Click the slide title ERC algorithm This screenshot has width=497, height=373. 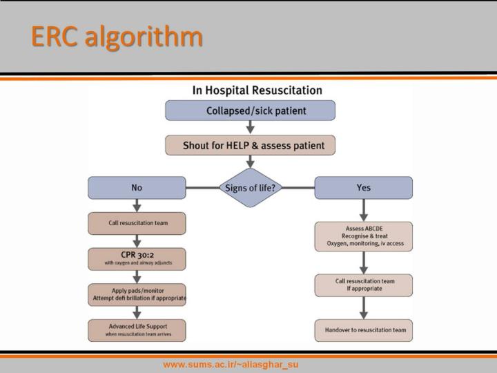[x=116, y=37]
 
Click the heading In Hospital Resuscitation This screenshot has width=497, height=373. [x=257, y=90]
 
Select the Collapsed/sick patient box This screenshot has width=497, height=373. [x=250, y=111]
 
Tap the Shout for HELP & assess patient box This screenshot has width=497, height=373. [x=250, y=146]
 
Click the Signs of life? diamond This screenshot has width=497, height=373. [x=250, y=188]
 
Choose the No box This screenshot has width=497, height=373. [x=137, y=188]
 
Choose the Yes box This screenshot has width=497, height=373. [x=363, y=188]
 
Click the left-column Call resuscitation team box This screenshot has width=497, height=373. [x=137, y=223]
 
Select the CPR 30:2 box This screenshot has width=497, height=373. [x=137, y=258]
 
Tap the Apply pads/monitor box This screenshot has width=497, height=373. [x=137, y=294]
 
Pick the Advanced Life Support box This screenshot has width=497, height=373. [x=137, y=329]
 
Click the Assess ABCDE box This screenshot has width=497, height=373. [x=363, y=236]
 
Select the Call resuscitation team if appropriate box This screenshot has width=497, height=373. [x=363, y=285]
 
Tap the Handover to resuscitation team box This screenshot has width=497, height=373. [x=363, y=330]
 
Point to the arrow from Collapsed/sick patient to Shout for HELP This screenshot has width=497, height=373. [x=250, y=128]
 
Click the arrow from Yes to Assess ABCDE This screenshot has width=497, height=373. [x=363, y=210]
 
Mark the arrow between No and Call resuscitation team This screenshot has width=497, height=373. [x=137, y=205]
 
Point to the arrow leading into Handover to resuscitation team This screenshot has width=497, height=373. [x=363, y=308]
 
